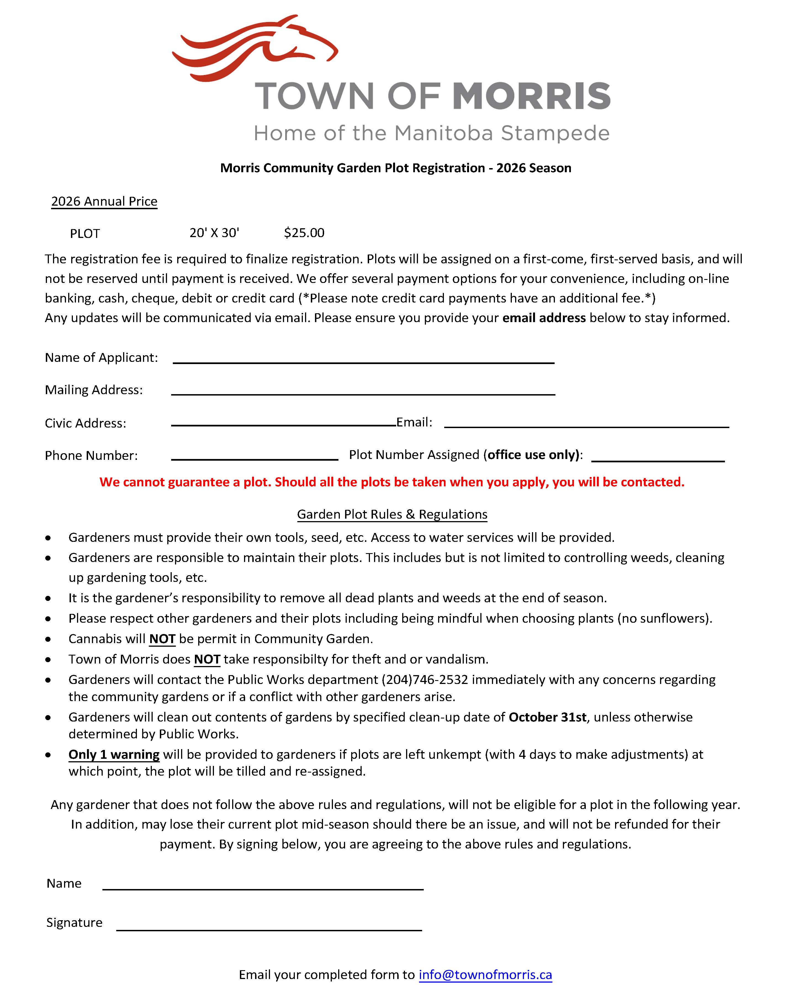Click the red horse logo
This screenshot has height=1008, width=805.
click(255, 49)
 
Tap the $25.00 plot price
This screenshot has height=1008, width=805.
click(304, 233)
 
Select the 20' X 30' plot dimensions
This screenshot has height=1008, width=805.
click(214, 233)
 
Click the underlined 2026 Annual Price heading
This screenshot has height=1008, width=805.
click(104, 201)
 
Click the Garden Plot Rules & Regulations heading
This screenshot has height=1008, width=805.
click(392, 514)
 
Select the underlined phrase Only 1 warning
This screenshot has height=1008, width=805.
click(114, 755)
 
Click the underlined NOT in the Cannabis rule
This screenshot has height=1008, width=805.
click(162, 639)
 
